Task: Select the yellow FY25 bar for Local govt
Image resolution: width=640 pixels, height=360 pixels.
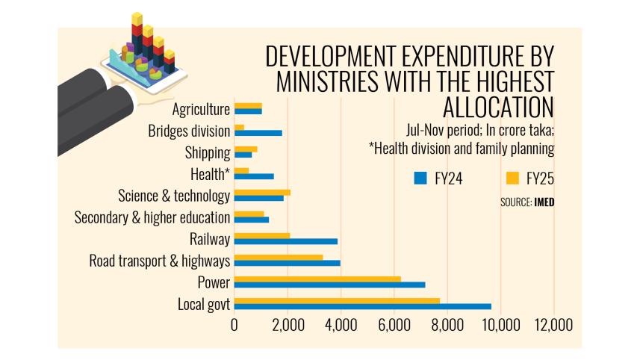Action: (337, 300)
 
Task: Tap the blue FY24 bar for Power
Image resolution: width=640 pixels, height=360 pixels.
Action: (329, 285)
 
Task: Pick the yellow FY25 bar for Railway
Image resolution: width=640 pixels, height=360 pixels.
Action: (262, 235)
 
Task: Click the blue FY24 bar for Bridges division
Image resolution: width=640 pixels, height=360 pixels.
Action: (258, 133)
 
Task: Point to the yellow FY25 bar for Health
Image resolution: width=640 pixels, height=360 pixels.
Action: (241, 170)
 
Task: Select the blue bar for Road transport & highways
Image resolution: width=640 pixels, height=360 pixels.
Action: (288, 263)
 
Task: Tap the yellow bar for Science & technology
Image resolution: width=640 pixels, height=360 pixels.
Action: (262, 192)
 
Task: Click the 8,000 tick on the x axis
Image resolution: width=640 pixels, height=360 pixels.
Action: (447, 325)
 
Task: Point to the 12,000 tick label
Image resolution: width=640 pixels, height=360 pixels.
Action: (553, 325)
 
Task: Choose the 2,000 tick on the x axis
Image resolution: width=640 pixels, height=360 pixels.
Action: (288, 325)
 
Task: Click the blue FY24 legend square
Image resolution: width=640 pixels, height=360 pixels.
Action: (420, 179)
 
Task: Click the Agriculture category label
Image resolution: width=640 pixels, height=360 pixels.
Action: (201, 110)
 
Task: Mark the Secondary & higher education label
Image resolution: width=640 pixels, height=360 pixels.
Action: (152, 218)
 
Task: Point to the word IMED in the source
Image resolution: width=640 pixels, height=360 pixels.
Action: (544, 202)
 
